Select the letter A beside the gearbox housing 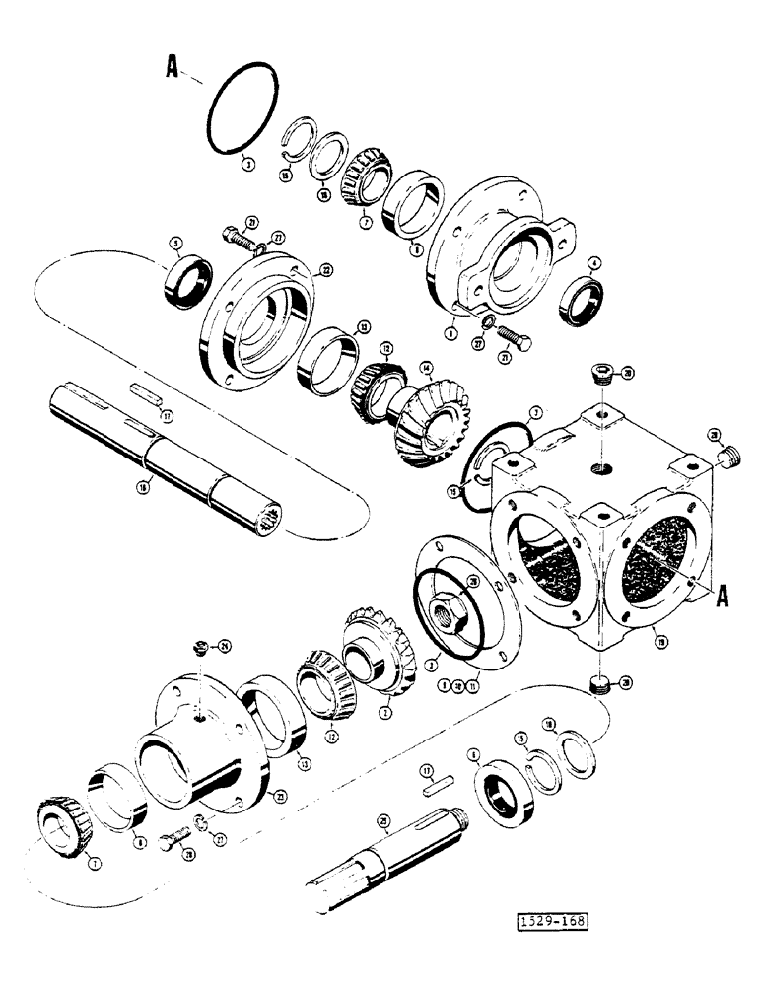[x=722, y=595]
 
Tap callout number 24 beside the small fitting [x=224, y=647]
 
